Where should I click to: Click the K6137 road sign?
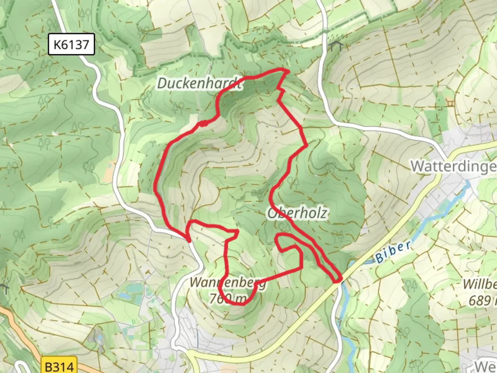click(x=71, y=44)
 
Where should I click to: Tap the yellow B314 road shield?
click(x=59, y=366)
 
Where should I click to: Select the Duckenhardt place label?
click(x=199, y=83)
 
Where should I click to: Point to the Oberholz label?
click(x=298, y=213)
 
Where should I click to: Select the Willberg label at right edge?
click(x=480, y=284)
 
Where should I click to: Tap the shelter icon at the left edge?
click(x=4, y=287)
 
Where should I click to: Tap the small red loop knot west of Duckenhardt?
click(x=203, y=123)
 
